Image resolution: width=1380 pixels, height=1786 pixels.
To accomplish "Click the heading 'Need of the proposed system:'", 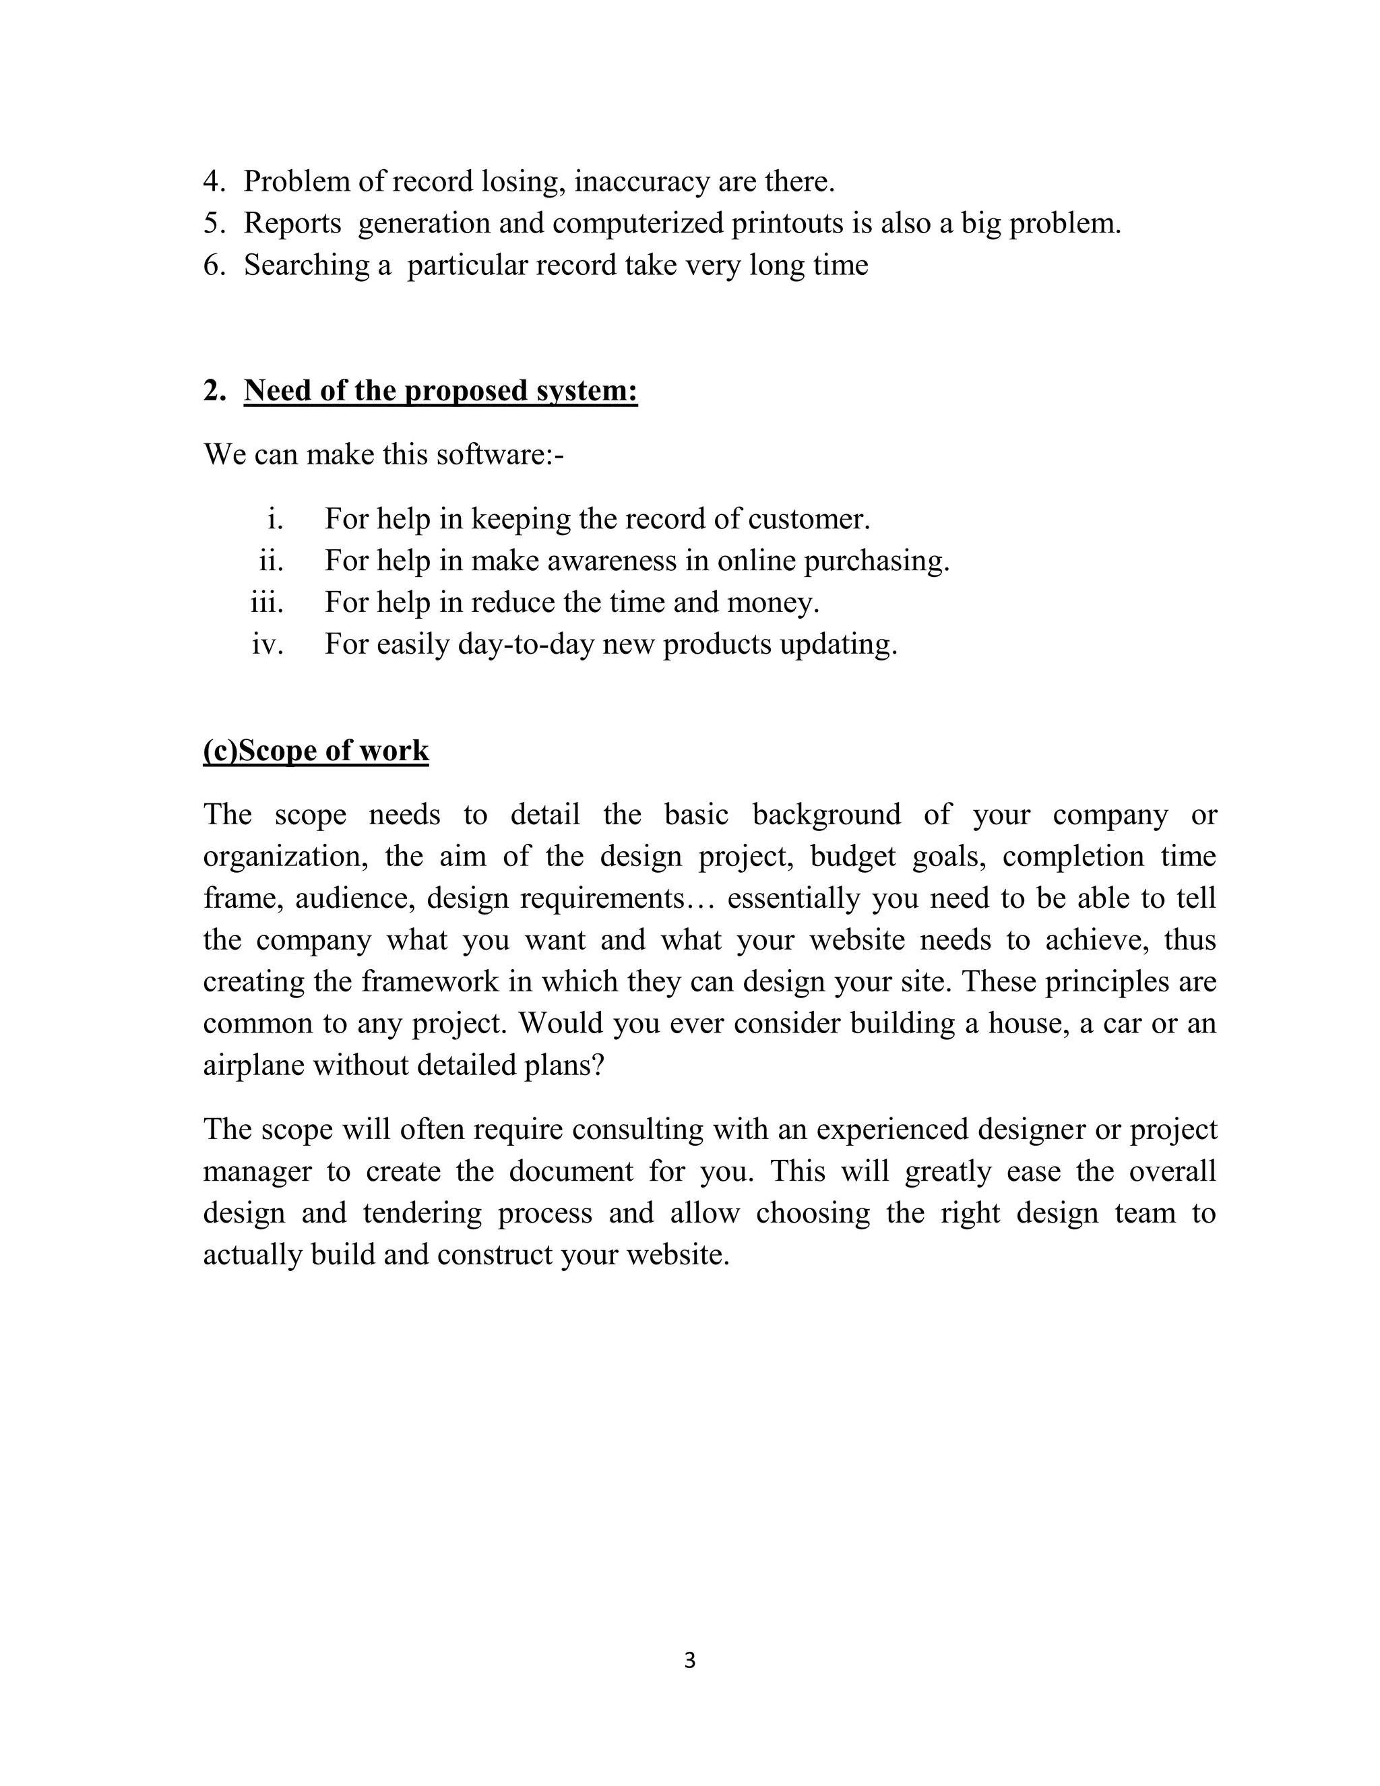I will coord(440,391).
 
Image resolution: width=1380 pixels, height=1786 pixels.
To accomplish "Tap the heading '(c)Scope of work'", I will coord(315,751).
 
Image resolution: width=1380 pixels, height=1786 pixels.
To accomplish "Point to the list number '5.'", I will coord(214,223).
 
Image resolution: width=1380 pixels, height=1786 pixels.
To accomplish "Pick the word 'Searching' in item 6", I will coord(307,266).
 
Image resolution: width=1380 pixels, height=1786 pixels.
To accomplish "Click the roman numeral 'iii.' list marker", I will coord(267,603).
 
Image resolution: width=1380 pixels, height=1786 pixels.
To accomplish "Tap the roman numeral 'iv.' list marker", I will coord(268,644).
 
